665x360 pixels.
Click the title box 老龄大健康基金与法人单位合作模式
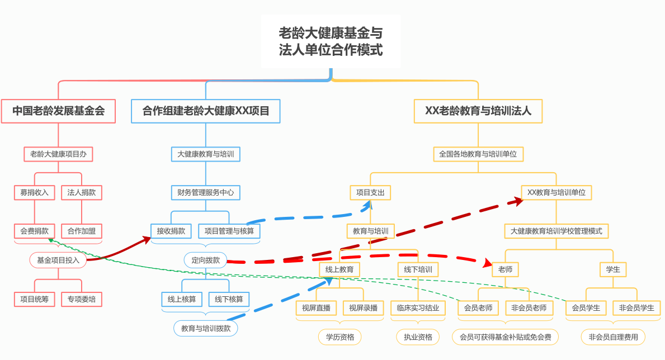331,41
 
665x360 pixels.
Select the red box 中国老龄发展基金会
59,111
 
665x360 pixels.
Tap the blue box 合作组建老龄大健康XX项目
206,111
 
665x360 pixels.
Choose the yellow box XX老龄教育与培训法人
478,111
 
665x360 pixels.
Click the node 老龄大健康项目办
58,154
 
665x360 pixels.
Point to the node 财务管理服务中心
205,192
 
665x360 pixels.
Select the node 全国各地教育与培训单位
478,154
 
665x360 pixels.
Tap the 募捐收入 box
34,192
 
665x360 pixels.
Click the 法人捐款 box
82,192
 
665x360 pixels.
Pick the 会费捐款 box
34,231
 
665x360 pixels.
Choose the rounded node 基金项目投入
58,260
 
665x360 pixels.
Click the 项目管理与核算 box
229,231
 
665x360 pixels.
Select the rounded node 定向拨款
205,260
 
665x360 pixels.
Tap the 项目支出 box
370,192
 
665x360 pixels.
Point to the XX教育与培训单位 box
556,192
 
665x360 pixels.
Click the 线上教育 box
339,269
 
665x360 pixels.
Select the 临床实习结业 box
418,308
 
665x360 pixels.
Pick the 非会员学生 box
636,308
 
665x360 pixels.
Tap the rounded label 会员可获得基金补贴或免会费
505,337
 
